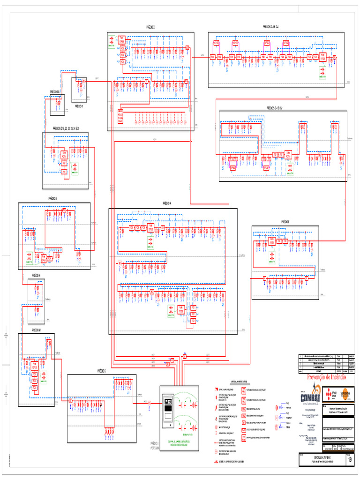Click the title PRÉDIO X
[150, 28]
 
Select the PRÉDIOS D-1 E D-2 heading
[277, 107]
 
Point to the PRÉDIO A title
[167, 203]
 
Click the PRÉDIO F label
[285, 221]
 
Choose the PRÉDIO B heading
[53, 199]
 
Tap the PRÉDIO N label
[36, 275]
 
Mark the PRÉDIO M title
[36, 330]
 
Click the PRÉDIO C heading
[102, 371]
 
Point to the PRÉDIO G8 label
[55, 92]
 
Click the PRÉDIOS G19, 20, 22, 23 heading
[66, 128]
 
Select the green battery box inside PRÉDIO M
[44, 376]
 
